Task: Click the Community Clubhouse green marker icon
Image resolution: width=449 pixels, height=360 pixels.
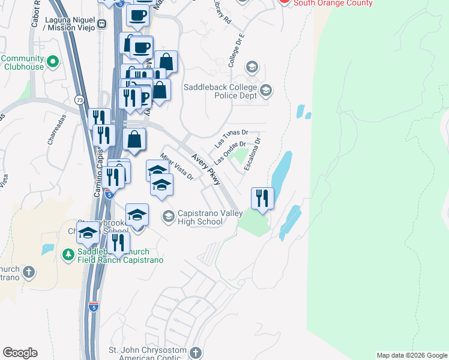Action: (x=52, y=61)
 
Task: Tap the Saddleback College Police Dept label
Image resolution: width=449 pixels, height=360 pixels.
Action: (x=220, y=91)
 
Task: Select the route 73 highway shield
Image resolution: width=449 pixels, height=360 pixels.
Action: (x=80, y=99)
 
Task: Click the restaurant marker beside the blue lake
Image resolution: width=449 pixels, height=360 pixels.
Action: (x=262, y=198)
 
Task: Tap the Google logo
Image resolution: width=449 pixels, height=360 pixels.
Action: (x=20, y=353)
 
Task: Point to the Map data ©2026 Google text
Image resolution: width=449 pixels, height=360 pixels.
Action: (x=411, y=355)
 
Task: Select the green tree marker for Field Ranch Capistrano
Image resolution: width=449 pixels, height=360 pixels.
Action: (x=68, y=255)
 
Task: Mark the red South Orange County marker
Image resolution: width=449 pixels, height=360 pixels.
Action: (x=285, y=2)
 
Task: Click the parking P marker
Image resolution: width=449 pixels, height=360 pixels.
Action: (x=144, y=97)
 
